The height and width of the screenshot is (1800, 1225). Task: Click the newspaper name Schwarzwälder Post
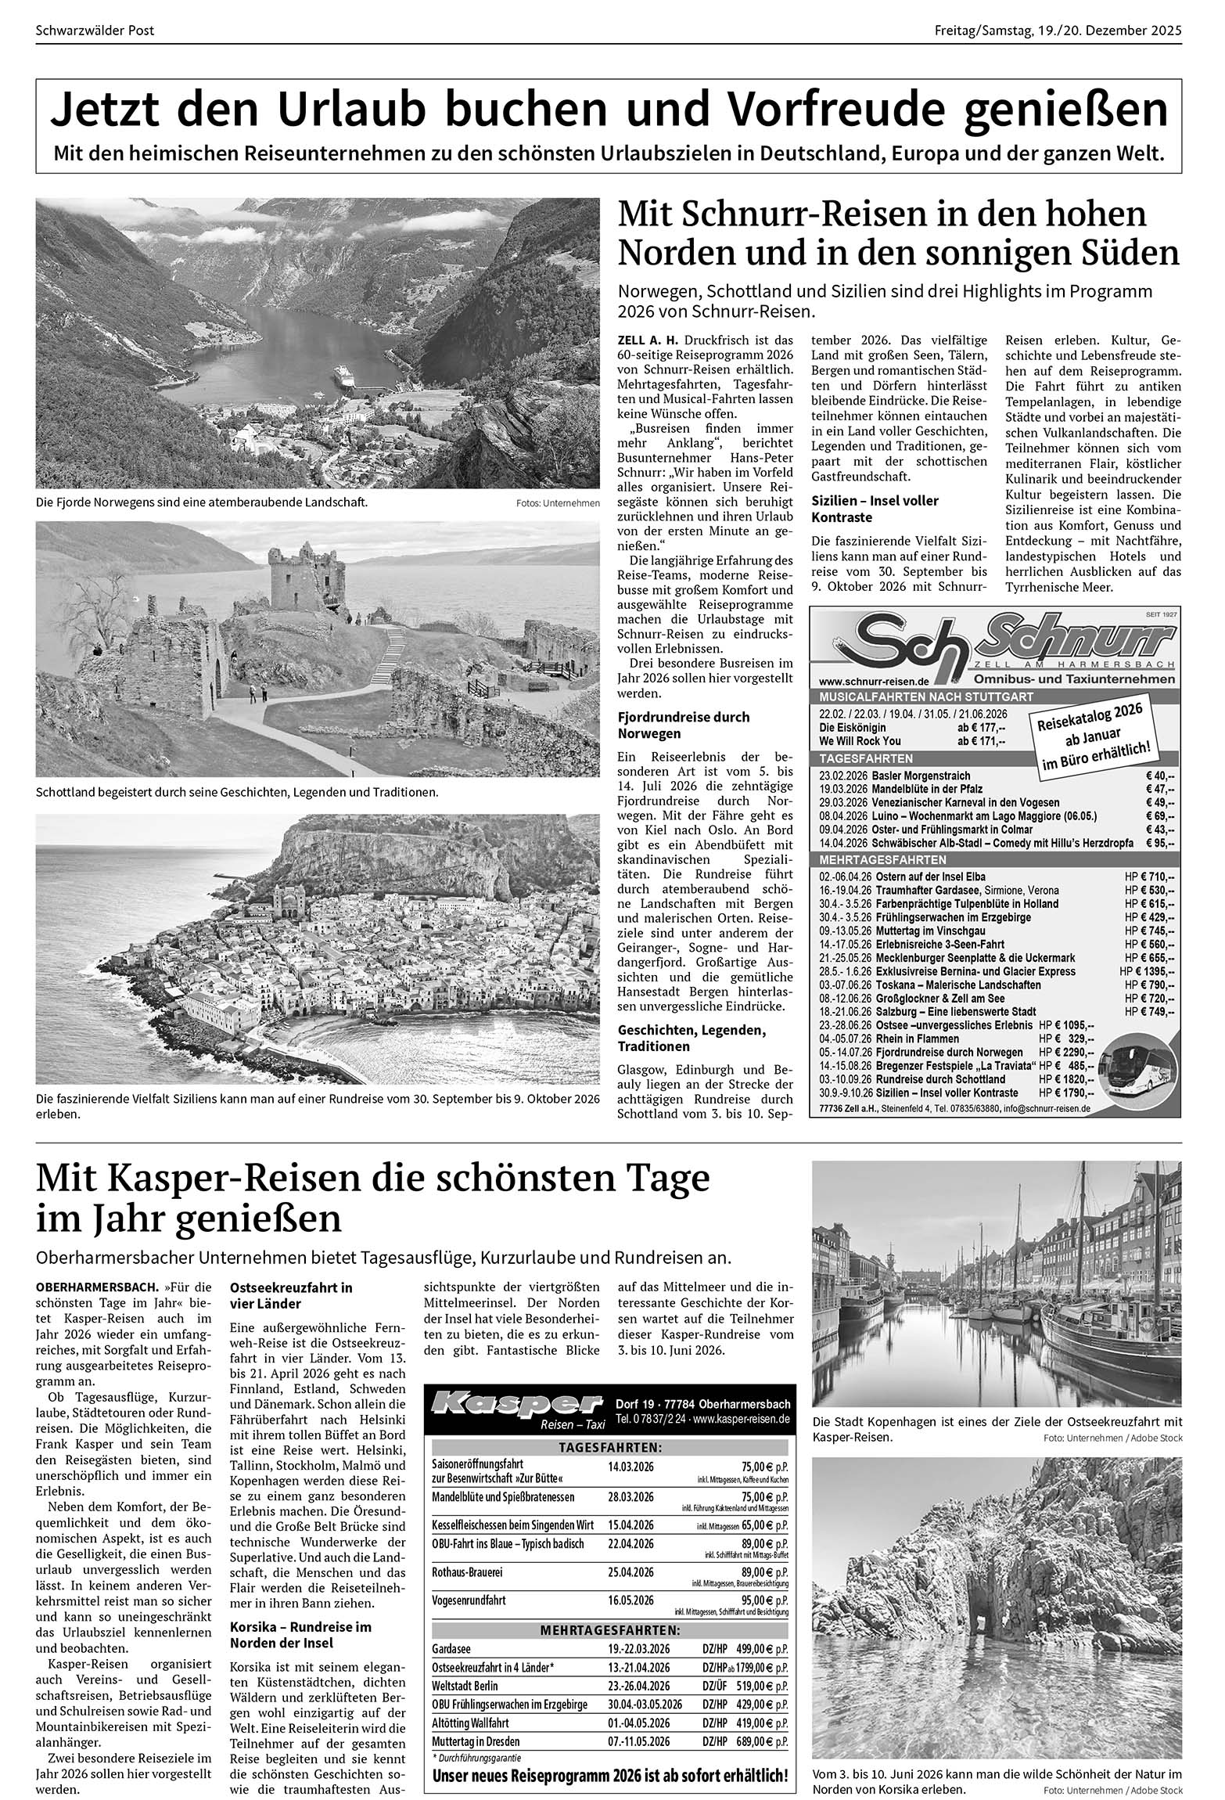click(95, 31)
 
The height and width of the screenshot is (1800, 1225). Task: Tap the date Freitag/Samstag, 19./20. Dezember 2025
click(1058, 31)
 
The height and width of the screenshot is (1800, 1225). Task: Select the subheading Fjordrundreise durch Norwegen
click(683, 725)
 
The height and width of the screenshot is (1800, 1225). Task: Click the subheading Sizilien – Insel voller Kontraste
click(875, 509)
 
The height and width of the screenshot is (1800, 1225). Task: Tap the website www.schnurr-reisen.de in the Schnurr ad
click(875, 680)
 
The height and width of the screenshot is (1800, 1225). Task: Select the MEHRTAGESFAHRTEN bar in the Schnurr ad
click(995, 859)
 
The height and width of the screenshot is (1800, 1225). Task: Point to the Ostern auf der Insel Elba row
click(995, 877)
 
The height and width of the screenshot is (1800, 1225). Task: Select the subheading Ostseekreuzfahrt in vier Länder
click(291, 1295)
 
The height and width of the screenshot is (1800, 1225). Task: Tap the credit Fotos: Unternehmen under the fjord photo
click(558, 502)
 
